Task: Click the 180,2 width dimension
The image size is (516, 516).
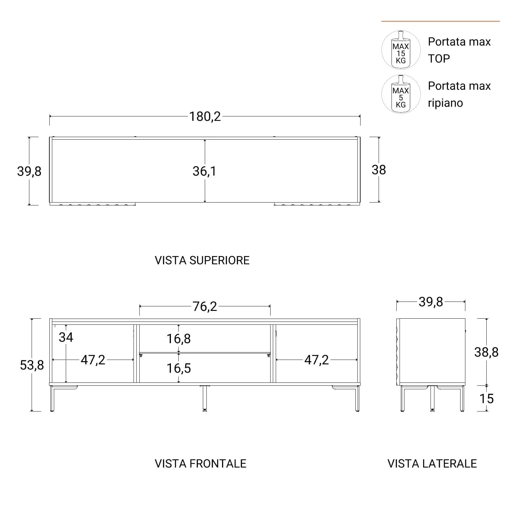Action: [205, 116]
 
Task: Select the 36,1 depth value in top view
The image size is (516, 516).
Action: [204, 171]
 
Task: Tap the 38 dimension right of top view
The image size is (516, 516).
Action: [379, 170]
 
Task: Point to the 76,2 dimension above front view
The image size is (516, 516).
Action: [205, 306]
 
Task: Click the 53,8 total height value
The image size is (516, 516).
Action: [32, 365]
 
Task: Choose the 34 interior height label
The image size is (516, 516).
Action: [66, 337]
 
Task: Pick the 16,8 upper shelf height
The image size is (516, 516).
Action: [179, 339]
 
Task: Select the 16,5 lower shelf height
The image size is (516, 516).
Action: [179, 368]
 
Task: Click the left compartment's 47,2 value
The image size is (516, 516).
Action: [93, 360]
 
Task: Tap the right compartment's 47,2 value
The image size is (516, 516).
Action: [316, 360]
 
